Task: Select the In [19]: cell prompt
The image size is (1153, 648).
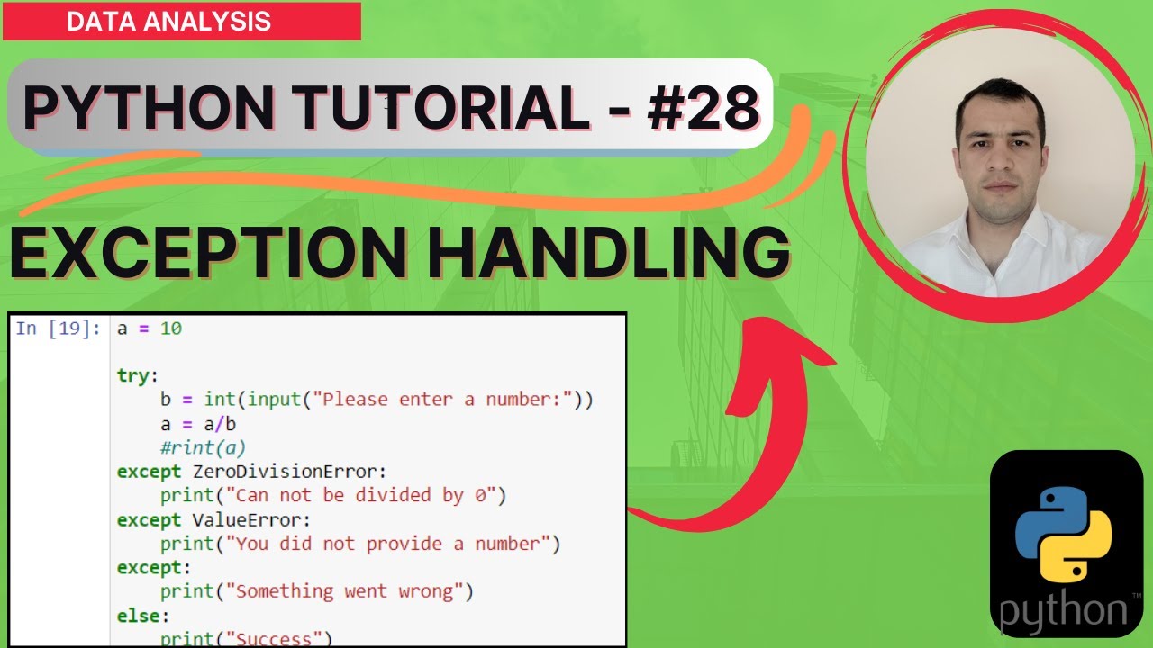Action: tap(59, 328)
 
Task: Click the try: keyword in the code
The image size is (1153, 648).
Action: tap(137, 375)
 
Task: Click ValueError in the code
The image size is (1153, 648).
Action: tap(251, 519)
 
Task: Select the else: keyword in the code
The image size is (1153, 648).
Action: tap(142, 616)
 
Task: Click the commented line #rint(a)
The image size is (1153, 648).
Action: tap(203, 447)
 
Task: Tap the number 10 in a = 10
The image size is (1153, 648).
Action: tap(171, 328)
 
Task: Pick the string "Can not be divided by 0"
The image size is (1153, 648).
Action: tap(367, 495)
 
